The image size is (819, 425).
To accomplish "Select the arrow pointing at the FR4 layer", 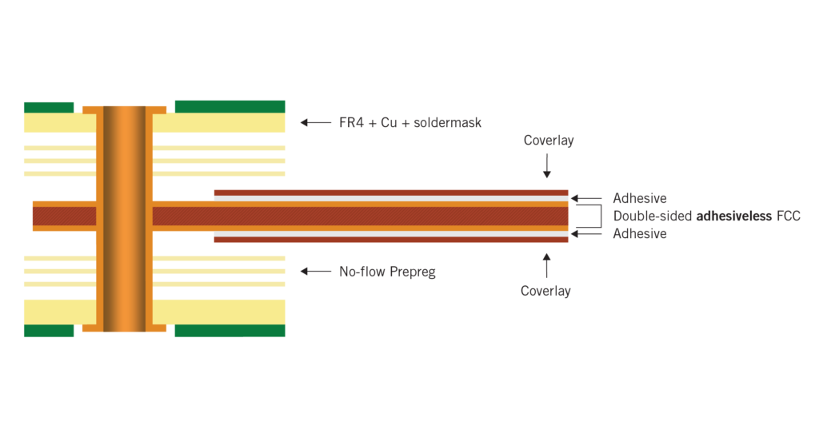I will coord(315,123).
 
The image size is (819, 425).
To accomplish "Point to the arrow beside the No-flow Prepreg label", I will coord(315,272).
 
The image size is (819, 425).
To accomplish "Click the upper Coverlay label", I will coord(549,141).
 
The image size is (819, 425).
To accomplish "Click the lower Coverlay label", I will coord(546,292).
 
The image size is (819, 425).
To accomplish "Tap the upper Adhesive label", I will coord(640,198).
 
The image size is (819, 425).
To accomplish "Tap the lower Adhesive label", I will coord(640,234).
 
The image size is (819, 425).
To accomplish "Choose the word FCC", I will coord(789,216).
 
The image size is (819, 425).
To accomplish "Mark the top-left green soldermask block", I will coord(49,107).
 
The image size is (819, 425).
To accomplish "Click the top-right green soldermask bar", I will coord(230,106).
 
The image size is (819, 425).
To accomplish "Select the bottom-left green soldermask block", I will coord(49,331).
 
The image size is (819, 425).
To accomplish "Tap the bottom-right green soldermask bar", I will coord(230,331).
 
